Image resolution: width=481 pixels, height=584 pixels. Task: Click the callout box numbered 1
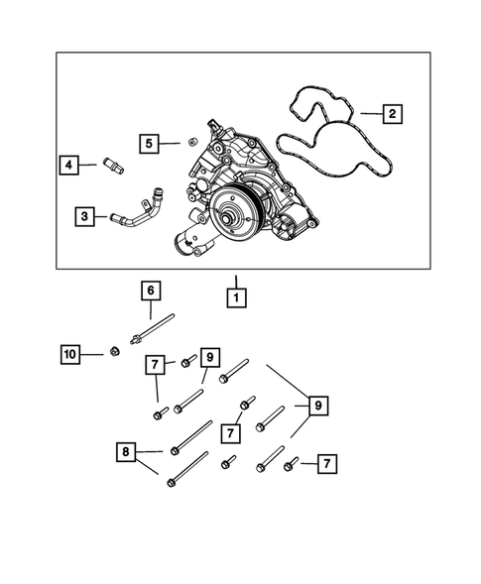pos(236,295)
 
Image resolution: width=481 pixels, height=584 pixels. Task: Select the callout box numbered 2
pos(392,115)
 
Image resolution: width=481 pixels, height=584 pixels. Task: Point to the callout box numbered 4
pos(68,165)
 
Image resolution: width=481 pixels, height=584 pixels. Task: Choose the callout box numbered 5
pos(147,144)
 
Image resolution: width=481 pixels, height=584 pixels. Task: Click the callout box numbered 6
pos(150,291)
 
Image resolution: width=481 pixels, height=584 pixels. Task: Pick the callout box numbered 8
pos(124,453)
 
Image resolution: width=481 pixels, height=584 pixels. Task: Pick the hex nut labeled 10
pos(114,350)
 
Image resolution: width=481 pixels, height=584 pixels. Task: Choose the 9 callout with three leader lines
pos(318,406)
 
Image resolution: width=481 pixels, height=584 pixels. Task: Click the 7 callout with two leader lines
pos(156,366)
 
